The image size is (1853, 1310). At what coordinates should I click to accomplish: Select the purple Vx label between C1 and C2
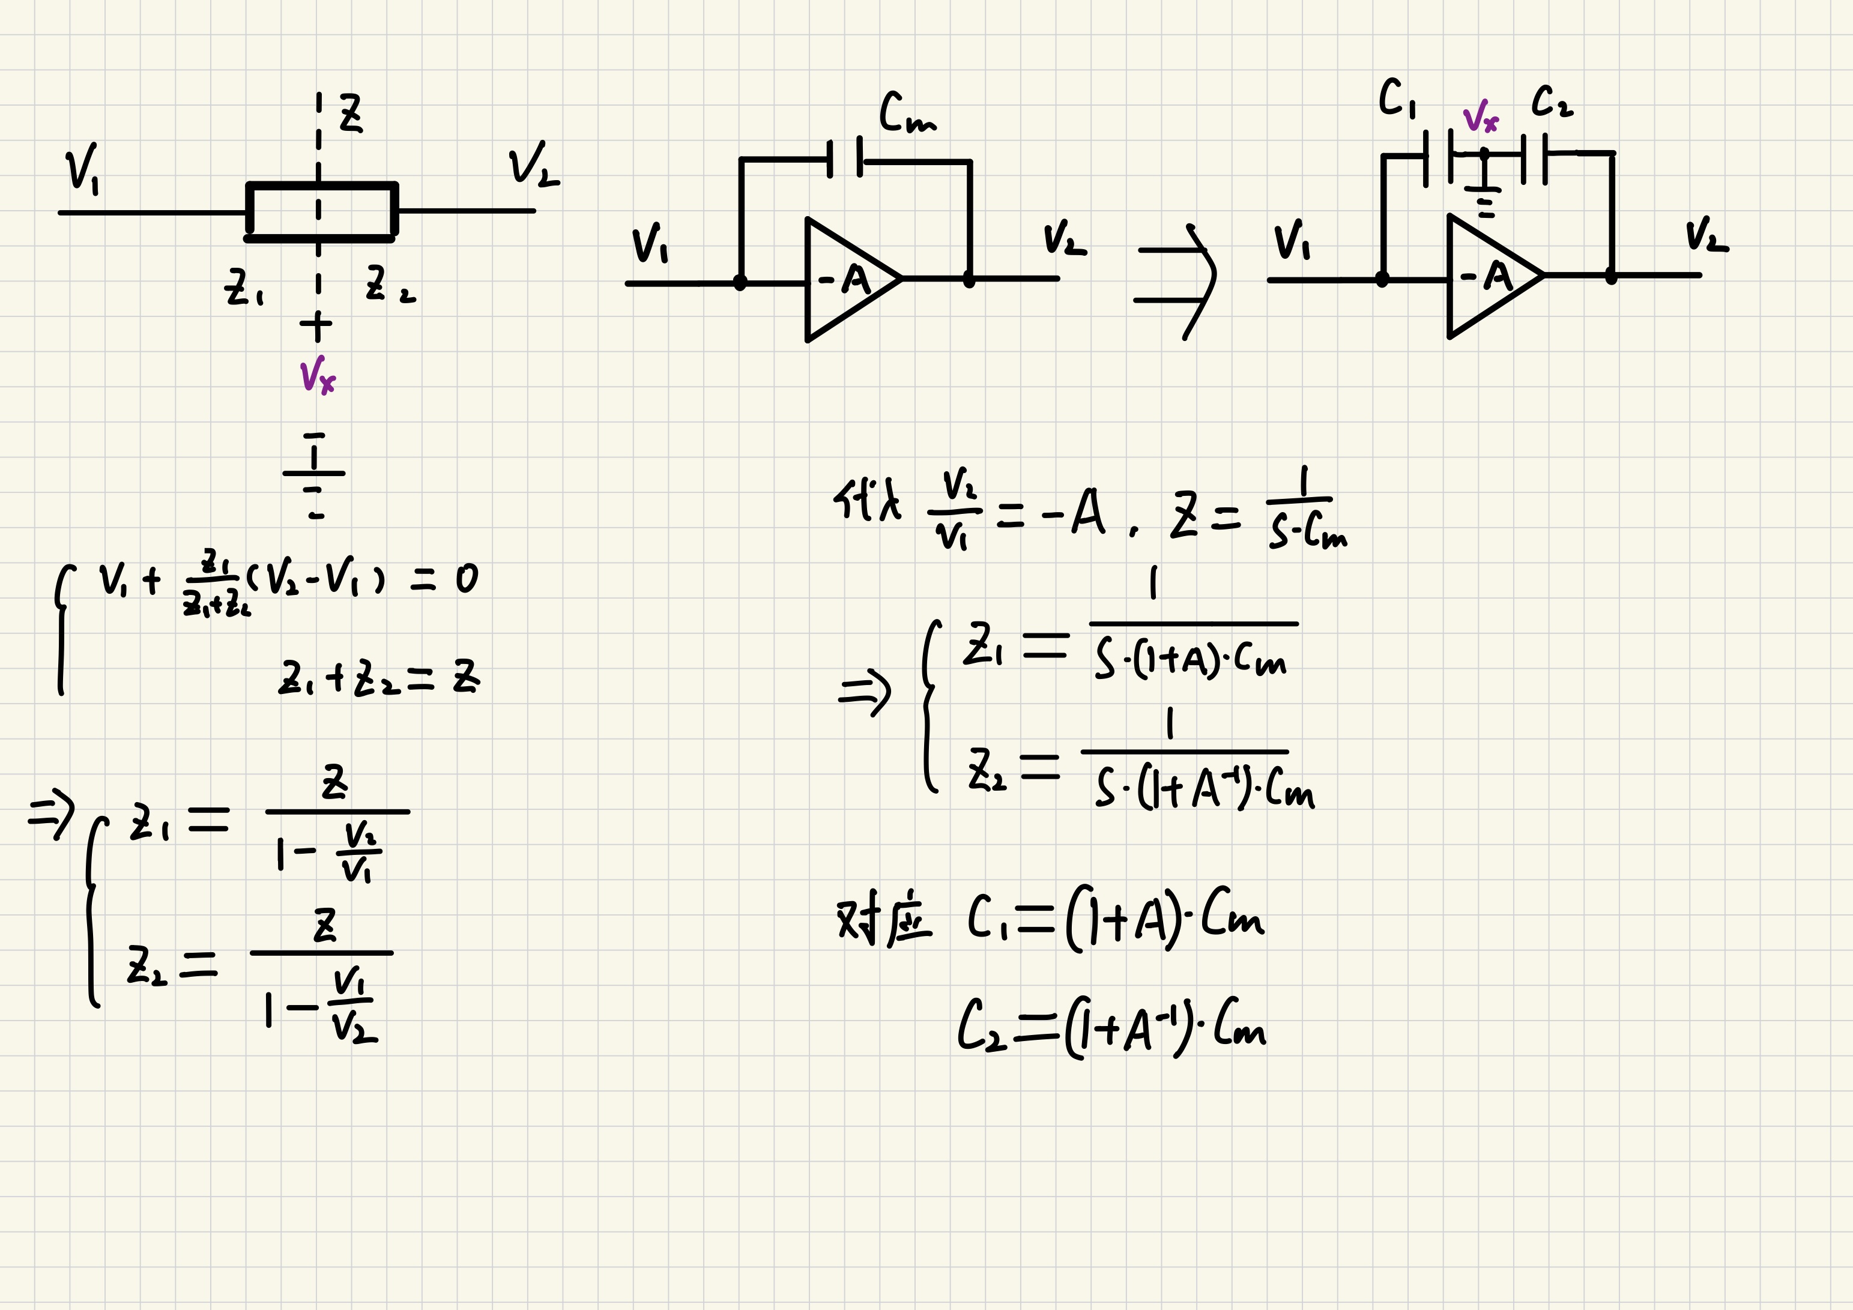tap(1480, 117)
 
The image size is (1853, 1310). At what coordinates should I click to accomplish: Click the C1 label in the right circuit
tap(1396, 98)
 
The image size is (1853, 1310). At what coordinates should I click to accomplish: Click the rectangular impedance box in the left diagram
tap(321, 211)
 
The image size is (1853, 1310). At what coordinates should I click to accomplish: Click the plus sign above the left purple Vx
tap(316, 326)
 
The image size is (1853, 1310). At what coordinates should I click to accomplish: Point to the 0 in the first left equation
tap(467, 579)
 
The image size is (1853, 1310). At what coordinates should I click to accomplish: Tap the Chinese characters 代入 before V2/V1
tap(867, 501)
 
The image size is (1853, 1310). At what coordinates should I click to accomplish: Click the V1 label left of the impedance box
tap(82, 168)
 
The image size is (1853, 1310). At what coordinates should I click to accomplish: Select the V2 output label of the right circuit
tap(1705, 235)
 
